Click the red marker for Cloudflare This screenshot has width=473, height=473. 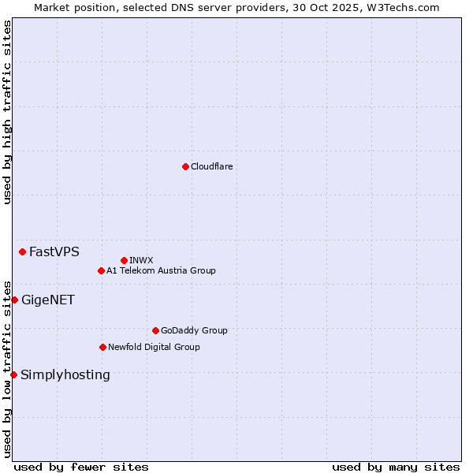[185, 166]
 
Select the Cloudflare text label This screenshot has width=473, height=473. [211, 166]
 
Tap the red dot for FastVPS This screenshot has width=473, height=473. [22, 251]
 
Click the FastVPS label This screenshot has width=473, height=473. [54, 252]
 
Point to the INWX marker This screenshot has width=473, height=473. [124, 260]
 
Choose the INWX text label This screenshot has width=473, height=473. [141, 260]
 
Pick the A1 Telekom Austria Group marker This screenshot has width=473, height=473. [101, 270]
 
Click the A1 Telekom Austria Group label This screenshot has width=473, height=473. [161, 270]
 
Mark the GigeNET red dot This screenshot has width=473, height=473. [14, 300]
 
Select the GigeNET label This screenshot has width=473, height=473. [47, 300]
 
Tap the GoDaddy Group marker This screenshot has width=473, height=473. [155, 330]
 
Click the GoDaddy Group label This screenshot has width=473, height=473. [194, 330]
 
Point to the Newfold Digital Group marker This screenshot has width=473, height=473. [102, 347]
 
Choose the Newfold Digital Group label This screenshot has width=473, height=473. [154, 347]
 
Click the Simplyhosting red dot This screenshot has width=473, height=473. [13, 374]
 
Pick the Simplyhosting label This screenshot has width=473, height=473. [65, 375]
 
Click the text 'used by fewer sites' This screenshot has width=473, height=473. [81, 467]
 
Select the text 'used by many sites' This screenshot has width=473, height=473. [396, 467]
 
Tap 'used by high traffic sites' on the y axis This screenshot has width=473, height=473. [7, 112]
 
